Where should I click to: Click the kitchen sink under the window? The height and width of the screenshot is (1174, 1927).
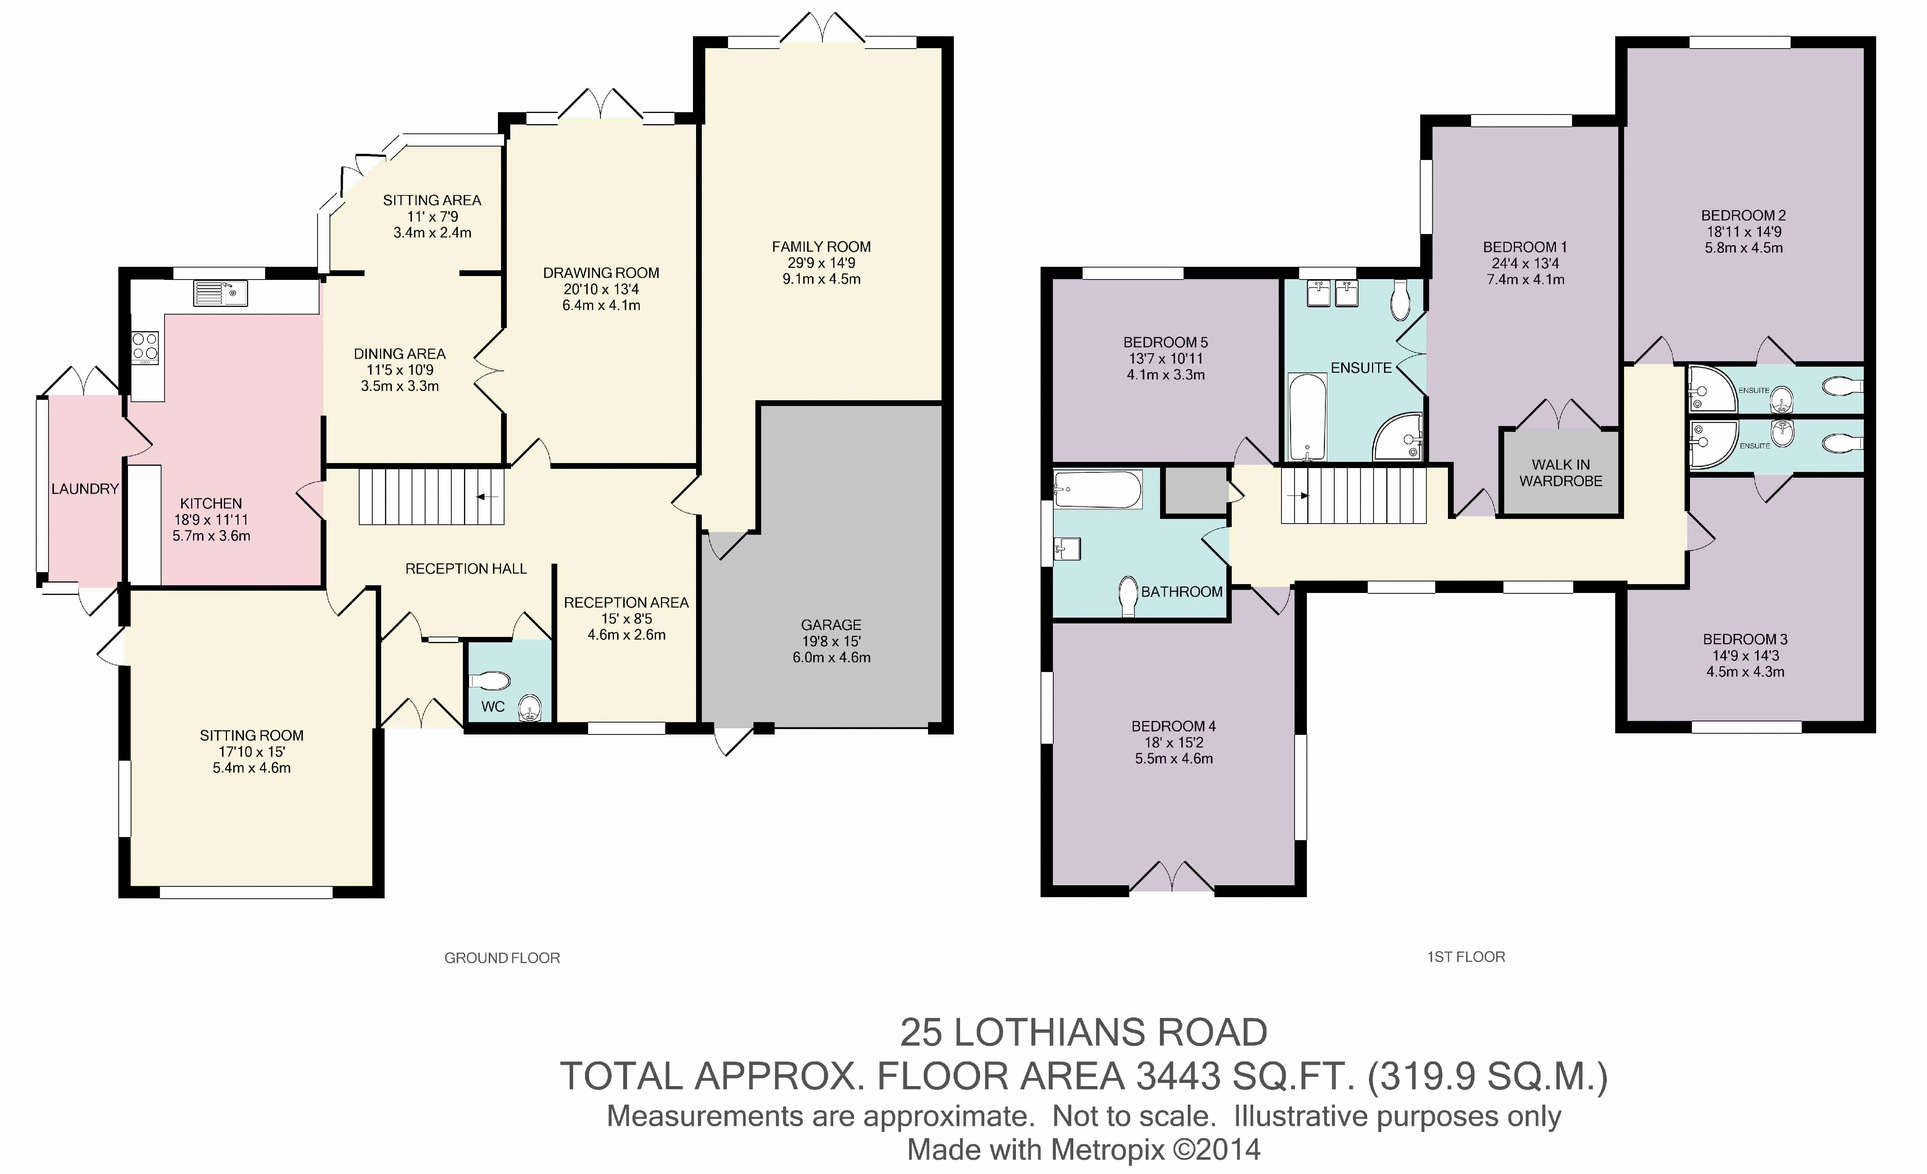point(220,293)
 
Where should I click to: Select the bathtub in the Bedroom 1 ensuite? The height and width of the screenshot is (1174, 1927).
point(1307,417)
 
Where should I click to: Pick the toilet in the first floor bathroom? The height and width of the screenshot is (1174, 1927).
point(1128,597)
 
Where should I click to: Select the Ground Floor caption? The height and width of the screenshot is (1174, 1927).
point(502,958)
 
